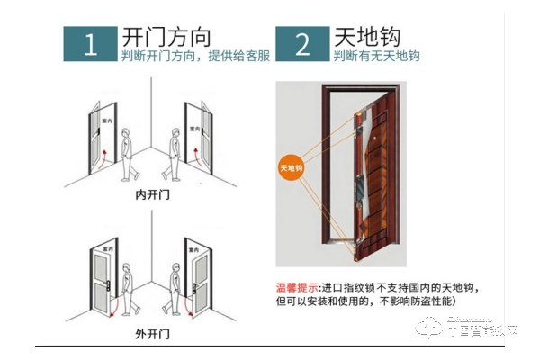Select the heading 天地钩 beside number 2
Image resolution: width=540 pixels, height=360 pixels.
click(369, 37)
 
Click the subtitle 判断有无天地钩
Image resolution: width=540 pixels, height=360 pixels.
click(375, 58)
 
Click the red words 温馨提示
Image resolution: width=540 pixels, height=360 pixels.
click(297, 287)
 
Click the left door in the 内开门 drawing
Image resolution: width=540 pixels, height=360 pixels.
click(100, 139)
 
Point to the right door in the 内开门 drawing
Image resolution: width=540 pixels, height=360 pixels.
click(197, 139)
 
